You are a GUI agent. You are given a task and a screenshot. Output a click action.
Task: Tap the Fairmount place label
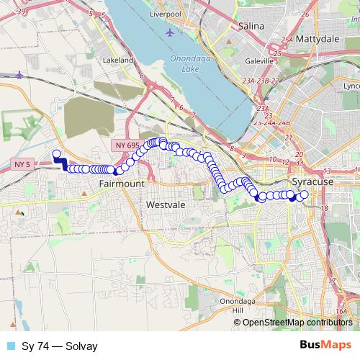(x=122, y=184)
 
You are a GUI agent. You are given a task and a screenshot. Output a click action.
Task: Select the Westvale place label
(x=166, y=205)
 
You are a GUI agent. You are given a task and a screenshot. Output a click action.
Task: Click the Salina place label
(x=251, y=26)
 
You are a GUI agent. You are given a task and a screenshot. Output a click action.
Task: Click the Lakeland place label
(x=120, y=60)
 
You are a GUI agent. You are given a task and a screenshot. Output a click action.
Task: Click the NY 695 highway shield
(x=125, y=146)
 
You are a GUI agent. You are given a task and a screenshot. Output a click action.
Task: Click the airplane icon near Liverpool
(x=169, y=32)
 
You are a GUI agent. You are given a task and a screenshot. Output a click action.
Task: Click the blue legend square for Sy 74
(x=11, y=346)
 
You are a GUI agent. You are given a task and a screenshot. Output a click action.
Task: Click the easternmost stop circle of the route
(x=304, y=194)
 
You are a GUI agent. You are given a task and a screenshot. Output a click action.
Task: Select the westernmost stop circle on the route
(x=56, y=153)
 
